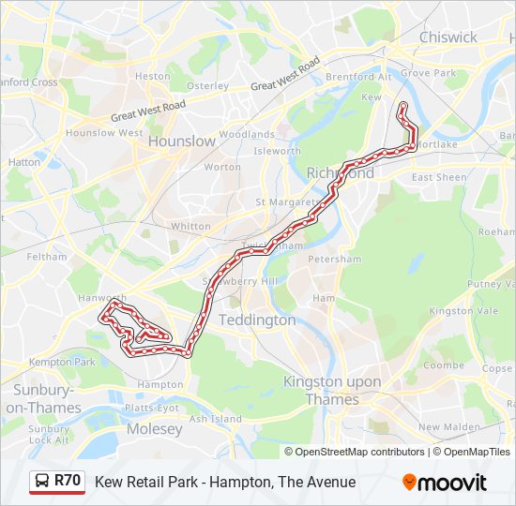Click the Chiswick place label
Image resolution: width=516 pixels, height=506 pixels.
pyautogui.click(x=448, y=37)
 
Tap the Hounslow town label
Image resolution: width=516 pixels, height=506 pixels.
pyautogui.click(x=181, y=141)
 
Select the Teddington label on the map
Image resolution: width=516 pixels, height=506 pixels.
pyautogui.click(x=256, y=320)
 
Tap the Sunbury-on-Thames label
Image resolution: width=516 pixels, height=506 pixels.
pyautogui.click(x=43, y=398)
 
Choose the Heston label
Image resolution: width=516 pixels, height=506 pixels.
pyautogui.click(x=152, y=76)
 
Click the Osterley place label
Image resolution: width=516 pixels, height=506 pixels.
pyautogui.click(x=207, y=85)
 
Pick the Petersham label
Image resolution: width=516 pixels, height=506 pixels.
pyautogui.click(x=335, y=259)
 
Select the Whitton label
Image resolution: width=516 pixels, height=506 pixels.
pyautogui.click(x=190, y=226)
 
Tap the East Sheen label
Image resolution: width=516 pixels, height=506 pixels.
pyautogui.click(x=438, y=177)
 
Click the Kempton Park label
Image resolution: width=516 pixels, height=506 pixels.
pyautogui.click(x=62, y=362)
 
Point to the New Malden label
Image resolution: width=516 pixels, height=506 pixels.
pyautogui.click(x=442, y=427)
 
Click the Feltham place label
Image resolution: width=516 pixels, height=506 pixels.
pyautogui.click(x=47, y=256)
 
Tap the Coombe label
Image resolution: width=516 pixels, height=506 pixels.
pyautogui.click(x=443, y=365)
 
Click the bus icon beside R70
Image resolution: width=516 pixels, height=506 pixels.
pyautogui.click(x=42, y=482)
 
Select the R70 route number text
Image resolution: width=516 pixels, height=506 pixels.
pyautogui.click(x=68, y=482)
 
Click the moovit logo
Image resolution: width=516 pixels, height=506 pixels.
pyautogui.click(x=445, y=483)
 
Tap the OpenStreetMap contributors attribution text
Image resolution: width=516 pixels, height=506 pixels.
pyautogui.click(x=360, y=452)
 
